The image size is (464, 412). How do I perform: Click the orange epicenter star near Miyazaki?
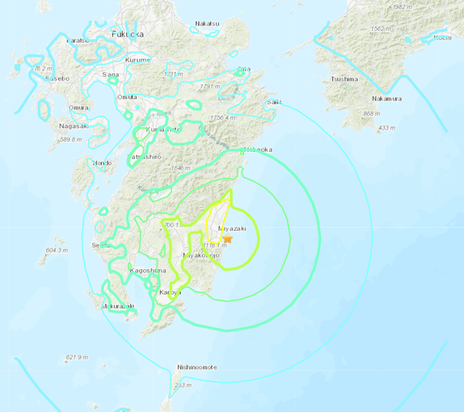pyautogui.click(x=228, y=239)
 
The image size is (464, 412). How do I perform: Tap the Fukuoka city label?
pyautogui.click(x=128, y=34)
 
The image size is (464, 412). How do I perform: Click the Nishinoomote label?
pyautogui.click(x=197, y=367)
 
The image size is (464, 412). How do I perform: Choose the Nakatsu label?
pyautogui.click(x=207, y=24)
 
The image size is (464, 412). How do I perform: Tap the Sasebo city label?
pyautogui.click(x=57, y=78)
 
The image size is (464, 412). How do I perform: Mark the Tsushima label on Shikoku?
pyautogui.click(x=343, y=79)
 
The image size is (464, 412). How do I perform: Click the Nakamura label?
pyautogui.click(x=387, y=99)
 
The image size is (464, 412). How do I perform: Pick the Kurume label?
pyautogui.click(x=138, y=60)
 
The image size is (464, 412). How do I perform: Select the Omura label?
pyautogui.click(x=78, y=108)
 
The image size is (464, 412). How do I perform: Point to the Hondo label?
pyautogui.click(x=102, y=163)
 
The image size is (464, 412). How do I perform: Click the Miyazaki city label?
pyautogui.click(x=232, y=228)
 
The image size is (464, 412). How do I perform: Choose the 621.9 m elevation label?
pyautogui.click(x=77, y=357)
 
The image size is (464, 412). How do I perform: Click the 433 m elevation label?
pyautogui.click(x=386, y=128)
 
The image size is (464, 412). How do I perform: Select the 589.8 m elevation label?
pyautogui.click(x=71, y=140)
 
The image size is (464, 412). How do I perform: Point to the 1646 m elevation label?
pyautogui.click(x=180, y=168)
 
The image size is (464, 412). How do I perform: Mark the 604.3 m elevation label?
pyautogui.click(x=57, y=251)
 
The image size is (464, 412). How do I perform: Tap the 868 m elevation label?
pyautogui.click(x=371, y=114)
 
